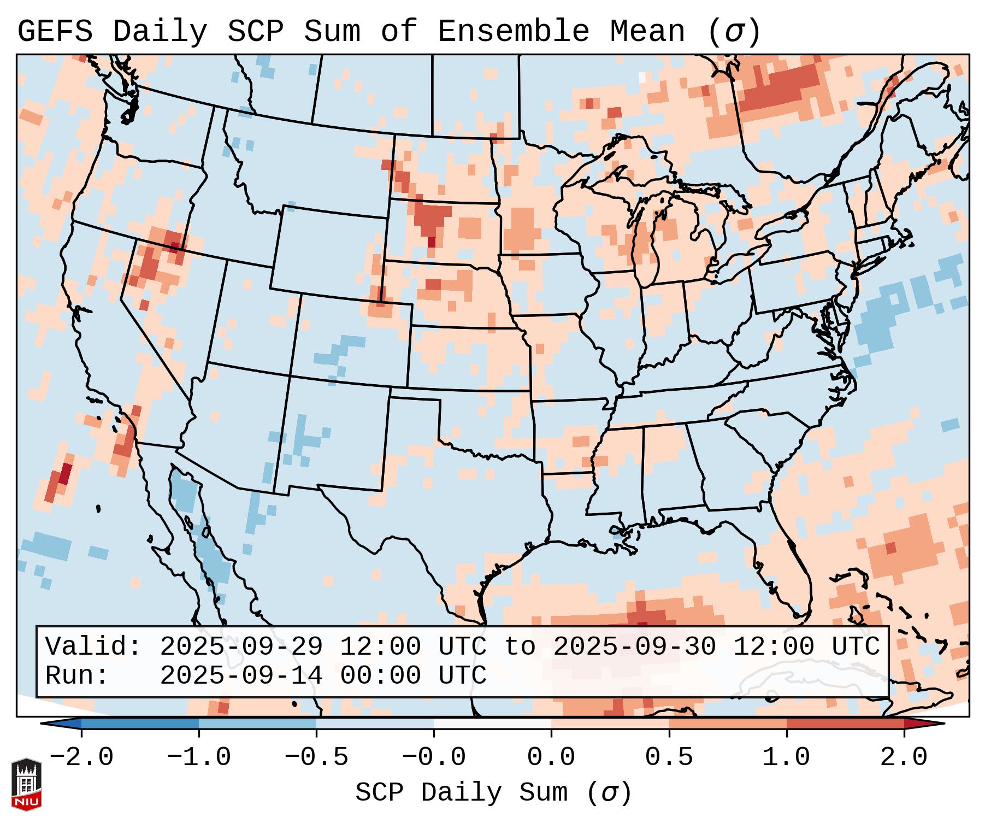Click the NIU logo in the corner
26,784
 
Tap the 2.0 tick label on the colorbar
904,757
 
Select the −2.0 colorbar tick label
81,757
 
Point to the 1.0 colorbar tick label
786,757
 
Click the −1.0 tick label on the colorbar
199,757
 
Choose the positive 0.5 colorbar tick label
669,757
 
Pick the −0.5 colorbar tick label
316,757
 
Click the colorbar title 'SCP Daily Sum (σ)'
493,792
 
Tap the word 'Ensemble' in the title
513,31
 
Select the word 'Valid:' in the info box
93,646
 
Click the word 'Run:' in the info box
77,675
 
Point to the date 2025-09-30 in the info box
634,646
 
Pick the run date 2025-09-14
241,675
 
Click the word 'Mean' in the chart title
647,31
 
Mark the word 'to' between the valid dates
520,646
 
